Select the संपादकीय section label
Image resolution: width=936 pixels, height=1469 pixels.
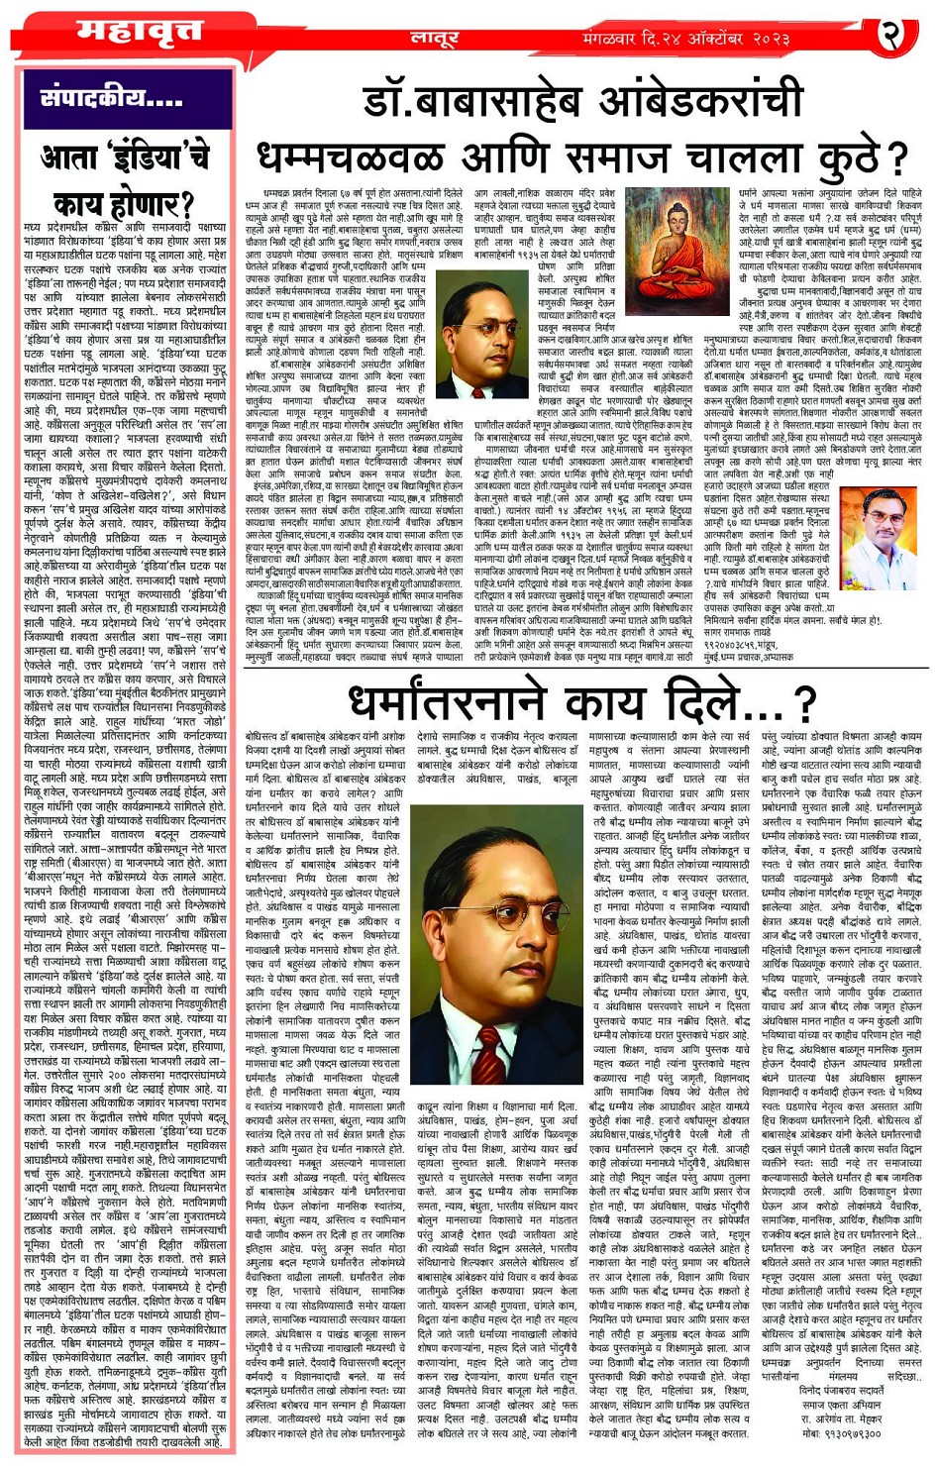click(x=111, y=98)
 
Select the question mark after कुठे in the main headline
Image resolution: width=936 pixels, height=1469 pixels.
click(x=895, y=157)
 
